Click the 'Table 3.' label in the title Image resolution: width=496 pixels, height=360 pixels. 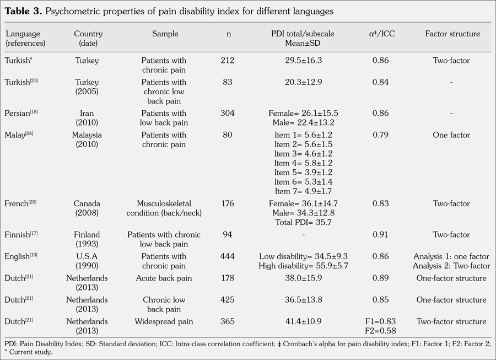pos(25,11)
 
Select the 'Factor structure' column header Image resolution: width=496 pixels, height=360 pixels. pos(452,34)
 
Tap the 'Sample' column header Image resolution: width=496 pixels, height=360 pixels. pos(165,34)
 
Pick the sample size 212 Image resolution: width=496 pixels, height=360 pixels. pos(227,61)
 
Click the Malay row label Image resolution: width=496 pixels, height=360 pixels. pos(18,135)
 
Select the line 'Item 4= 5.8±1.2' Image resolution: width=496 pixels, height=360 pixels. pos(303,163)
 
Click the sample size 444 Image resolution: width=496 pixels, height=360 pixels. pos(227,256)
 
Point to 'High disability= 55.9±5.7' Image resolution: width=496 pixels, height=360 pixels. pos(303,266)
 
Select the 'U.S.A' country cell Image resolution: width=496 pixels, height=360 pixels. pos(88,256)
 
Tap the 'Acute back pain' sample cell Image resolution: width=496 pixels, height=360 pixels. pos(164,278)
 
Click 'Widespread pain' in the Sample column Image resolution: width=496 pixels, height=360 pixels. pos(164,321)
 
